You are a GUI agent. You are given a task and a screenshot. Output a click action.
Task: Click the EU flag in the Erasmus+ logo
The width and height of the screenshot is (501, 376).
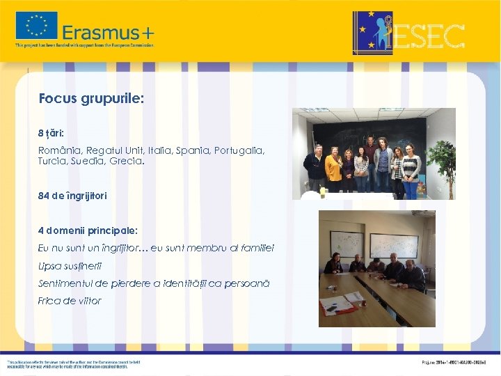click(37, 26)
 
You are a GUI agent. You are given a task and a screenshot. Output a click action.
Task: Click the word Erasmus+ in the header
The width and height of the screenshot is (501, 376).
click(109, 32)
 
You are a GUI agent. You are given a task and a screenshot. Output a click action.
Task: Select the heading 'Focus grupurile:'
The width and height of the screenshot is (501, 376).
click(91, 99)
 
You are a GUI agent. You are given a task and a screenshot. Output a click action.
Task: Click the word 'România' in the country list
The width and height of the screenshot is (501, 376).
click(59, 150)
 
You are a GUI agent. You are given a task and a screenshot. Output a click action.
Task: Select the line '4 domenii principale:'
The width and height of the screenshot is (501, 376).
click(88, 230)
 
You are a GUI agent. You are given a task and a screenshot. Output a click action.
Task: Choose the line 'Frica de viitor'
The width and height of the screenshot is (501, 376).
click(70, 301)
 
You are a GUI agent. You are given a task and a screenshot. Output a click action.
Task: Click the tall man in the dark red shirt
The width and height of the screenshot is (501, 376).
click(370, 157)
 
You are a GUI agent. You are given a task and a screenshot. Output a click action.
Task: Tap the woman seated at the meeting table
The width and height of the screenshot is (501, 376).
click(333, 265)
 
